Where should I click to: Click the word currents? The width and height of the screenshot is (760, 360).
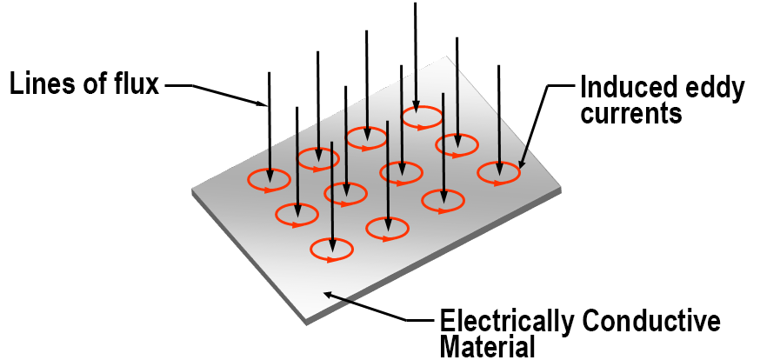coord(630,113)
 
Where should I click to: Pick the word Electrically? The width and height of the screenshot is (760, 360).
coord(506,322)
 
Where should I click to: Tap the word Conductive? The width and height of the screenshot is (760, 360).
coord(651,322)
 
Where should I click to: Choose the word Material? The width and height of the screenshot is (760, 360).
coord(486,348)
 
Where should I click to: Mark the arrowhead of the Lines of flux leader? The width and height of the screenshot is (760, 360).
coord(264,104)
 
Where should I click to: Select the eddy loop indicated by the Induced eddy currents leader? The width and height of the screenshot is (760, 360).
coord(499,174)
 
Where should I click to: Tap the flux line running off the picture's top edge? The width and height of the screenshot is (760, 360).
coord(415,52)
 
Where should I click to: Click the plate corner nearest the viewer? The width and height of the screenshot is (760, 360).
coord(306,323)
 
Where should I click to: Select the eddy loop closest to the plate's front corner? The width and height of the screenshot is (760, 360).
coord(331,250)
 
